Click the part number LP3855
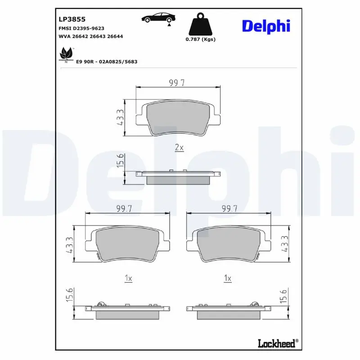(x=72, y=19)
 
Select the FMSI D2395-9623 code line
(x=84, y=28)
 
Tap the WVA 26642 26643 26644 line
(x=91, y=36)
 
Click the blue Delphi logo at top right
(x=266, y=26)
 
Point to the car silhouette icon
(x=159, y=18)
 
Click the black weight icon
(x=200, y=25)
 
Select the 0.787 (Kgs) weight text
(x=200, y=40)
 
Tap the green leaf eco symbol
(x=66, y=54)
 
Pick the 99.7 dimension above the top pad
(x=178, y=82)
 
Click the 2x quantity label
(x=179, y=148)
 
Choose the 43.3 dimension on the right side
(x=284, y=246)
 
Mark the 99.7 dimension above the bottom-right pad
(x=228, y=208)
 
